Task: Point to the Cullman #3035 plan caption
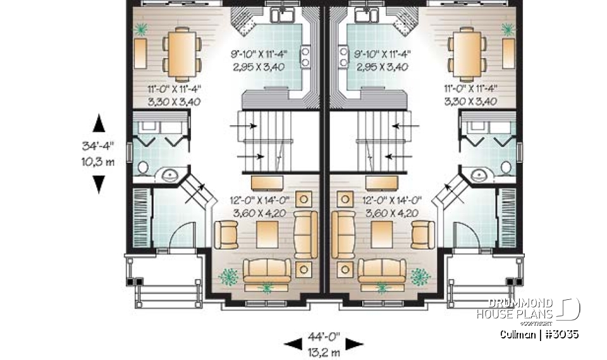pyautogui.click(x=539, y=333)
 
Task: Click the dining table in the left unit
pyautogui.click(x=182, y=54)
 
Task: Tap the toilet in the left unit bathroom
pyautogui.click(x=144, y=168)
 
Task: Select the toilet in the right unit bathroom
pyautogui.click(x=507, y=168)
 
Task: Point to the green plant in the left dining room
pyautogui.click(x=141, y=28)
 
